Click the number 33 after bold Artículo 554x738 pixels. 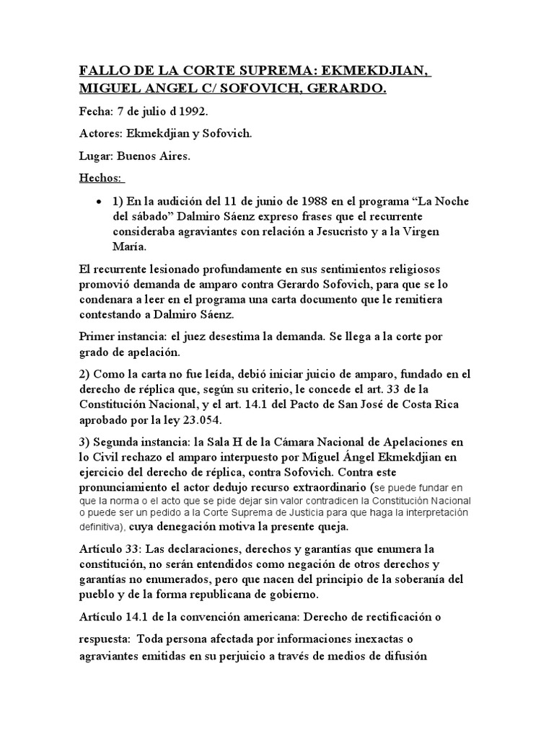pos(134,551)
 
